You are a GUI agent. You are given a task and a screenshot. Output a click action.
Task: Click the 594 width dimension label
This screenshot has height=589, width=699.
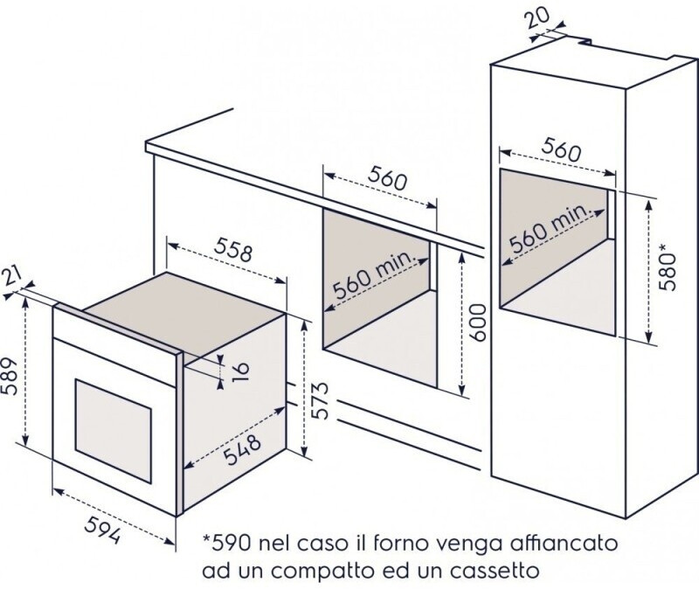click(102, 530)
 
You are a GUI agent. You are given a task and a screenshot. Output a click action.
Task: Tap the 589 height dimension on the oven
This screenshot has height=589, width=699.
click(10, 377)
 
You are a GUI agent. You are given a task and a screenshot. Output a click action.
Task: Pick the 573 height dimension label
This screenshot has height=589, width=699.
click(320, 400)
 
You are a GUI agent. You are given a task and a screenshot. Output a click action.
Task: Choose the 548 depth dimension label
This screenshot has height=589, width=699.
click(242, 450)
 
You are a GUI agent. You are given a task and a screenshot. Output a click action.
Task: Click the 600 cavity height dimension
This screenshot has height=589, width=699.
click(476, 322)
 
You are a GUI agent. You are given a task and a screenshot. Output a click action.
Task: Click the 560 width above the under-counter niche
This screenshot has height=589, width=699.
click(387, 178)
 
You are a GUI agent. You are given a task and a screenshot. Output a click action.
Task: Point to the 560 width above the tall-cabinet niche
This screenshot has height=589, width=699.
click(561, 149)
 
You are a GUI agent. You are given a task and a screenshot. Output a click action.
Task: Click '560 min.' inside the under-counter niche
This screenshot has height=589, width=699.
click(376, 275)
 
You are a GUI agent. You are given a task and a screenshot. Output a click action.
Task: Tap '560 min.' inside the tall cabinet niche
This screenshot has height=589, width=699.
click(551, 229)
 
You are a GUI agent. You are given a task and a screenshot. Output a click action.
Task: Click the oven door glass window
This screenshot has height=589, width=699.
click(114, 431)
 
